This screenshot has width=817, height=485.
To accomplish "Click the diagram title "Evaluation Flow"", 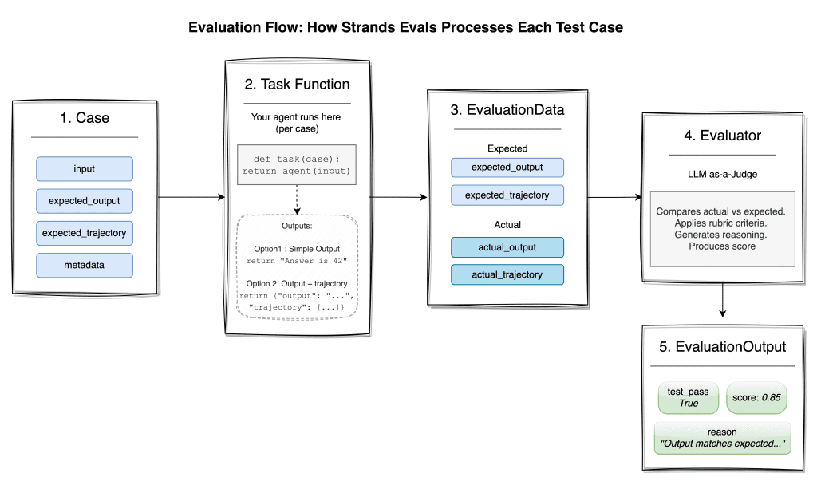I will pos(405,27).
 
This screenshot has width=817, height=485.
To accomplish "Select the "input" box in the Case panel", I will pos(84,168).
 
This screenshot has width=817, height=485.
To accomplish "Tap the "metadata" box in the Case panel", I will pos(84,265).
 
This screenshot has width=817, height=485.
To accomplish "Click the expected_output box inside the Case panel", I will pos(84,201).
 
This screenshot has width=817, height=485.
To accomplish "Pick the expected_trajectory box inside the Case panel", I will pos(84,233).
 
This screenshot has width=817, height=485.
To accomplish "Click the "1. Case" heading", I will pos(85,118).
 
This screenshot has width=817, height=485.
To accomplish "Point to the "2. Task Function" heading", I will pos(296,84).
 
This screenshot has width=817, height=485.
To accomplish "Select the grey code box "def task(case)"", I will pos(296,164).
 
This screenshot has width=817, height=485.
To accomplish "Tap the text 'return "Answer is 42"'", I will pos(296,262).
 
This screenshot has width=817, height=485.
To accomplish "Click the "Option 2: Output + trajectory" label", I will pos(296,283).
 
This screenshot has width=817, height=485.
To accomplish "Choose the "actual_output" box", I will pos(507,247).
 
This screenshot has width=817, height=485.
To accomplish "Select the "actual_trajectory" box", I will pos(507,274).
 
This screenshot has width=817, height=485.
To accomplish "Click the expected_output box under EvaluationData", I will pos(507,168).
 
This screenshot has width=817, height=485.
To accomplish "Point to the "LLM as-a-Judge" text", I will pos(722,175).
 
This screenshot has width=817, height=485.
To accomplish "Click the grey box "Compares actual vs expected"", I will pos(722,229).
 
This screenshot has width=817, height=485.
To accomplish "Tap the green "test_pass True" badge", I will pos(689,397).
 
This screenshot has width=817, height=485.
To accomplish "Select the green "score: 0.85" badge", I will pos(756,397).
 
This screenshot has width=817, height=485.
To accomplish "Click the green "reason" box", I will pos(722,437).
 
